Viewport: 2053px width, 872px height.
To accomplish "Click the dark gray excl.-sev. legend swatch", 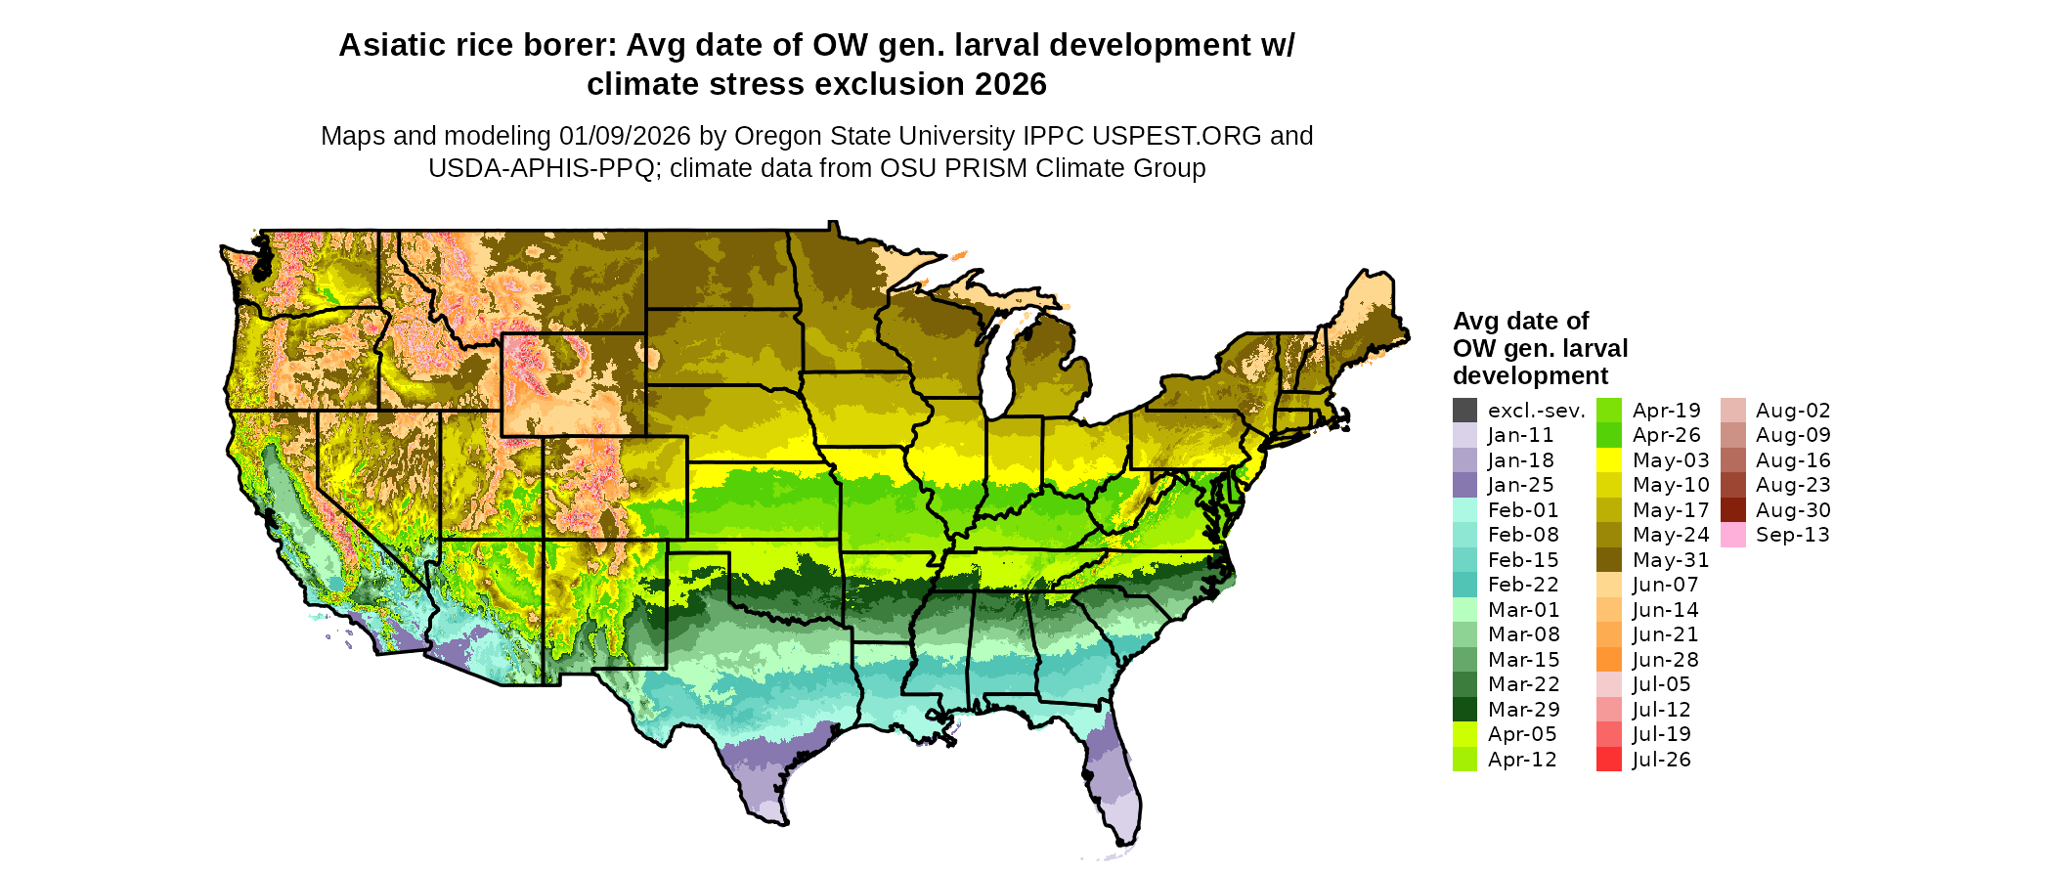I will click(1464, 411).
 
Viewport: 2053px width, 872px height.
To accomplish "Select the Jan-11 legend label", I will click(1520, 436).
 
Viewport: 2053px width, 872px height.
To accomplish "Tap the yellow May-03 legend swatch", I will click(1608, 460).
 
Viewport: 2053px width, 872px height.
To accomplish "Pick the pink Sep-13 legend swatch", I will click(1732, 536).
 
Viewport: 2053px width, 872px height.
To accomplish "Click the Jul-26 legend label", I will click(1661, 760).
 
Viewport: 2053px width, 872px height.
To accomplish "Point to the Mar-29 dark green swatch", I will click(1464, 710).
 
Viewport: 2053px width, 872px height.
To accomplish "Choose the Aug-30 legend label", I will click(1793, 510).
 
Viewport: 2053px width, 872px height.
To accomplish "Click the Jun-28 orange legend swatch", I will click(1608, 660).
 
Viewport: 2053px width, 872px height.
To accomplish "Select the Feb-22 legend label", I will click(1523, 585).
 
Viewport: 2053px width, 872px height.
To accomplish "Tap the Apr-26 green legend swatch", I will click(1608, 436).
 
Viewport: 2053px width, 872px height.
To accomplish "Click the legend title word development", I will click(1530, 376).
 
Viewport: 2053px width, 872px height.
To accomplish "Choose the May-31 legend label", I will click(1671, 560).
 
